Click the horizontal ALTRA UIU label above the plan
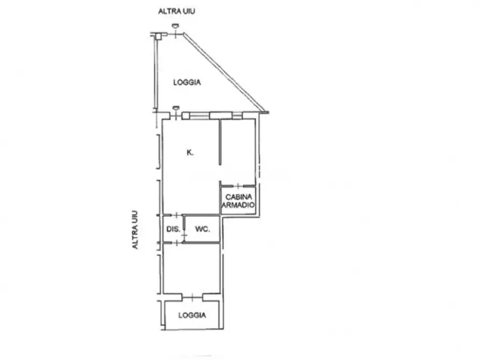tap(177, 11)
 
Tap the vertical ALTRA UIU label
tap(135, 229)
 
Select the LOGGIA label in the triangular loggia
tap(187, 82)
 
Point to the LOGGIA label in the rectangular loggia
tap(192, 315)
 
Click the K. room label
tap(190, 152)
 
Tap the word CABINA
tap(239, 197)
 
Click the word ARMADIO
tap(238, 205)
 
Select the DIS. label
tap(173, 229)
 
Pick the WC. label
tap(202, 229)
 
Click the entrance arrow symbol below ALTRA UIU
tap(175, 26)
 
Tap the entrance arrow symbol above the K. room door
tap(176, 108)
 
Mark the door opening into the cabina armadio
tap(238, 186)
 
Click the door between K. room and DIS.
tap(177, 215)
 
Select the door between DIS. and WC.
tap(184, 235)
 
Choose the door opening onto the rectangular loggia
tap(192, 297)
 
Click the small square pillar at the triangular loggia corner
tap(158, 37)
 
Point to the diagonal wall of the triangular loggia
tap(224, 72)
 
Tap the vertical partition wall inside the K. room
tap(220, 142)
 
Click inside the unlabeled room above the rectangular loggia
tap(192, 269)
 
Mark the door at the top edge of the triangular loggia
tap(175, 34)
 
